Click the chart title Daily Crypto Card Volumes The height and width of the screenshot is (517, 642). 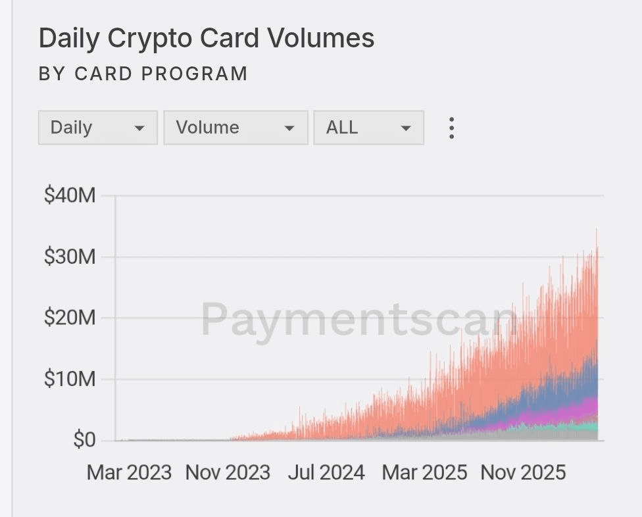[207, 38]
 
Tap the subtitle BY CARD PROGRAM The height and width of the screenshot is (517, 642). [143, 74]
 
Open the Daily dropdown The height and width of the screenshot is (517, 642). [98, 128]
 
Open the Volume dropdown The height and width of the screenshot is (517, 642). [236, 128]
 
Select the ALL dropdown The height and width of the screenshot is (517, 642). [369, 128]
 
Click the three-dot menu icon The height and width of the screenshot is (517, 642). [452, 128]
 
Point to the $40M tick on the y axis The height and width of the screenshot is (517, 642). [70, 195]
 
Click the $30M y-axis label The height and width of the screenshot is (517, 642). [70, 257]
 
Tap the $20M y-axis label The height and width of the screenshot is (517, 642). [70, 318]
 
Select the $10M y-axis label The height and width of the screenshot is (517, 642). [70, 379]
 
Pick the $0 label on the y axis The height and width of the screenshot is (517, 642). [84, 440]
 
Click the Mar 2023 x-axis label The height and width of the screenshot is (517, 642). [129, 473]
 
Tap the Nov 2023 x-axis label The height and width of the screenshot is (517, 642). [228, 473]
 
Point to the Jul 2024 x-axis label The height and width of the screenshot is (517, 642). [326, 473]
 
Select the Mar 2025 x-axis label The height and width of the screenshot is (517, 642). [424, 473]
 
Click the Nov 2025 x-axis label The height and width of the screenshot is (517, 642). [523, 473]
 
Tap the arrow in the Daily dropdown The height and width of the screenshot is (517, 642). [139, 128]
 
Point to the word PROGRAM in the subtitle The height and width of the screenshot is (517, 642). [195, 74]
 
